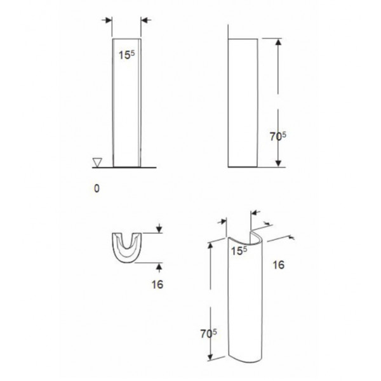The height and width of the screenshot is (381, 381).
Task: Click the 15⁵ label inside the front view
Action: point(126,55)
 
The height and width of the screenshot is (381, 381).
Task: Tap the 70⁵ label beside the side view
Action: point(278,136)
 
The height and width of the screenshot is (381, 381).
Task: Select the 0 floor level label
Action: point(97,189)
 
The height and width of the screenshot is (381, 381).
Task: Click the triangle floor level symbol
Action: point(97,163)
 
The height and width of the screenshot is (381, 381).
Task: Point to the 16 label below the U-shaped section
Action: point(157,284)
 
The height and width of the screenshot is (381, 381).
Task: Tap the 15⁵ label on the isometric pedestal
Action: point(239,251)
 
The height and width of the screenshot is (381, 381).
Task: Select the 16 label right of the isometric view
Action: point(279,265)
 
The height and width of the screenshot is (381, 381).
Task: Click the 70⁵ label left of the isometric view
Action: point(208,333)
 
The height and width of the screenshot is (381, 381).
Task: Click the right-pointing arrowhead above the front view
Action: point(109,20)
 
